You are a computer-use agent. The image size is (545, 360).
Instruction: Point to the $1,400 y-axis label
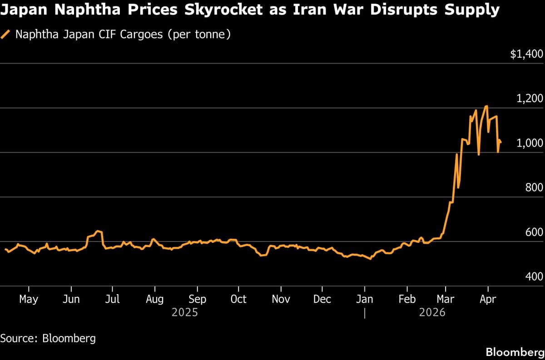526,54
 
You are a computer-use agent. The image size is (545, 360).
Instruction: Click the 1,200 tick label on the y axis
530,99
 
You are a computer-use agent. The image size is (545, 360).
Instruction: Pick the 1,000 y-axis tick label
530,143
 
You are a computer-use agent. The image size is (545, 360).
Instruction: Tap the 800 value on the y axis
534,188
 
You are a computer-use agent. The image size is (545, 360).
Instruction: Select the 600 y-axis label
534,232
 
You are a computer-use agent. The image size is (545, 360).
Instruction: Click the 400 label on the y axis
534,277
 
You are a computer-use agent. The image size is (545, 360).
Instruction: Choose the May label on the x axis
29,299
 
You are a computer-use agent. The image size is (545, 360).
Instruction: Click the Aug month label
155,299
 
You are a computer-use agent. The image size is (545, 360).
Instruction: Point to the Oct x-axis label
238,299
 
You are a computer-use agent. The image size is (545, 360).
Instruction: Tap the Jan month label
364,299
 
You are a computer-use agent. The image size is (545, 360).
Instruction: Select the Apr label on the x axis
487,299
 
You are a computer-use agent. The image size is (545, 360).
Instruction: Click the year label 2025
184,313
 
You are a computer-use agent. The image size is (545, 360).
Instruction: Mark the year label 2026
432,313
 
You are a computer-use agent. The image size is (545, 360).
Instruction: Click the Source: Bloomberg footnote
48,338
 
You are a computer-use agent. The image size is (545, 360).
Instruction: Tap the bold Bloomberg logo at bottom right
515,352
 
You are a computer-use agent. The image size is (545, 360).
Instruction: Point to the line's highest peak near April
486,106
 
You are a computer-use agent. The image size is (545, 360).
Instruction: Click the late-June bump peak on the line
98,231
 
